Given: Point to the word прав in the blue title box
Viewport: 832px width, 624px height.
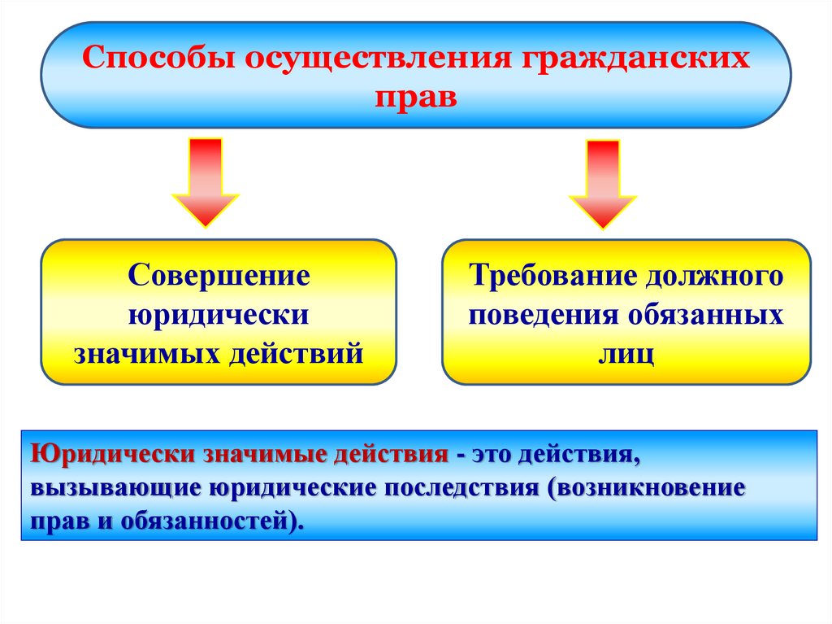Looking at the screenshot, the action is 416,97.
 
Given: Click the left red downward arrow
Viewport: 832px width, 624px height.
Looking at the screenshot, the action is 205,182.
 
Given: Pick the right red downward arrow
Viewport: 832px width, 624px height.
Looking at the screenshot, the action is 603,184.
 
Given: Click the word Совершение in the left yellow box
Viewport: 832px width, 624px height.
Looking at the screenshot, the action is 219,275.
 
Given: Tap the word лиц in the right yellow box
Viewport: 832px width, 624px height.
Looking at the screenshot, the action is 626,355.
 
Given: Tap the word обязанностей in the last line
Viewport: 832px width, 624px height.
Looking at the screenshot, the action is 201,521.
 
